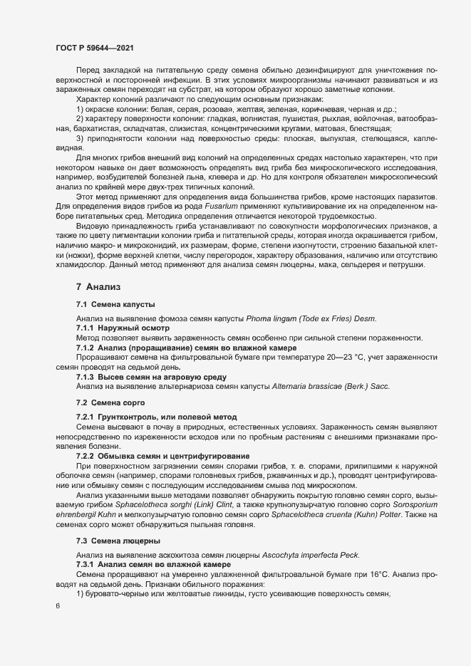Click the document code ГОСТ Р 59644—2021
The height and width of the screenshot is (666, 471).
[x=93, y=47]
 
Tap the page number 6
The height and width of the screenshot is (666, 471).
[x=57, y=607]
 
